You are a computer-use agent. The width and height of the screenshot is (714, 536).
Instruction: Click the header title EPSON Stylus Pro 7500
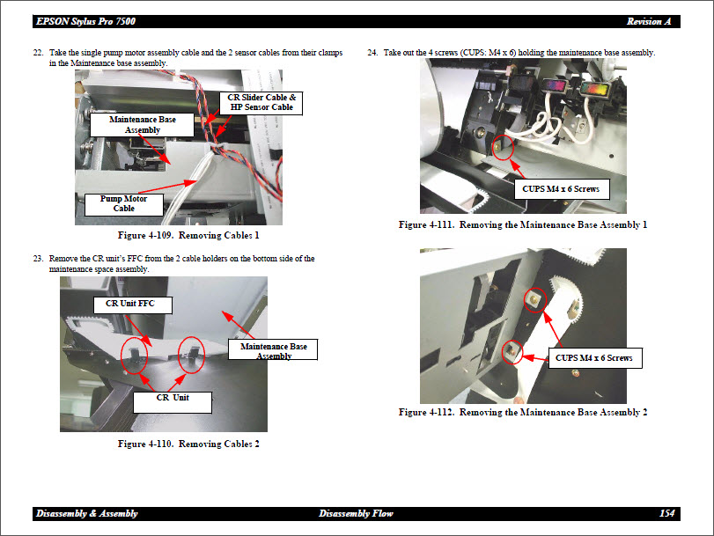pos(86,20)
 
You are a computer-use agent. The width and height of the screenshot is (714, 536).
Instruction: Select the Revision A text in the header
pos(650,20)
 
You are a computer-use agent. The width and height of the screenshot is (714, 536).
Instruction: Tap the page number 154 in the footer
pos(666,513)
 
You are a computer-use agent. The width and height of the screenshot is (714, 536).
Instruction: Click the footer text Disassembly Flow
pos(356,513)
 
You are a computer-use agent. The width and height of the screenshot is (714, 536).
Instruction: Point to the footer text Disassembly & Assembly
pos(86,513)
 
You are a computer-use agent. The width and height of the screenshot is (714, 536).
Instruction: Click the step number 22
pos(38,54)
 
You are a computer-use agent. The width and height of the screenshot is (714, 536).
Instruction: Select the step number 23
pos(38,259)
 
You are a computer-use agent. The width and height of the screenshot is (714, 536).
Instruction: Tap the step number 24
pos(372,54)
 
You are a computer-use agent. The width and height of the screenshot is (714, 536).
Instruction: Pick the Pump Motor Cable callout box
pos(123,204)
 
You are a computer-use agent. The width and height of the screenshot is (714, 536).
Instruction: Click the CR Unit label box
pos(173,398)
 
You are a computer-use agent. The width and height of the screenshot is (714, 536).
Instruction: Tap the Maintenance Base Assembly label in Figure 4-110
pos(274,351)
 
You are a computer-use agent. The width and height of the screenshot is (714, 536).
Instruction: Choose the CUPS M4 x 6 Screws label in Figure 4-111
pos(561,188)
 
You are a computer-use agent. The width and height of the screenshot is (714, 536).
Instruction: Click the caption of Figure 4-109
pos(188,236)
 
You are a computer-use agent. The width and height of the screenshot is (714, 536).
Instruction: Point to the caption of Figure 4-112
pos(522,412)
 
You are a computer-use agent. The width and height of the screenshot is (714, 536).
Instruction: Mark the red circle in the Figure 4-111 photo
pos(503,146)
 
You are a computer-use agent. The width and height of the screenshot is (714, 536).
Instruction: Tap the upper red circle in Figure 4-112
pos(533,301)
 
